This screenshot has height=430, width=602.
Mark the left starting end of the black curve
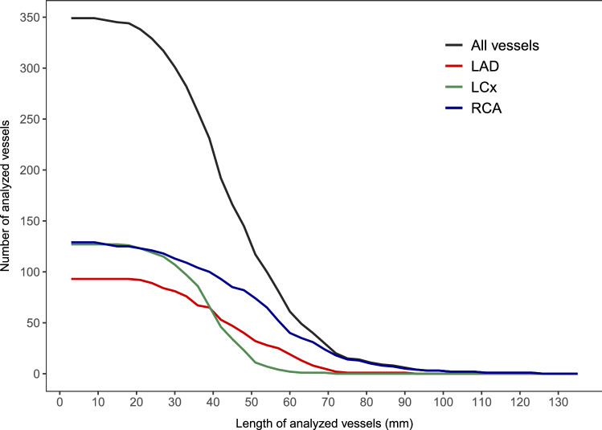(72, 18)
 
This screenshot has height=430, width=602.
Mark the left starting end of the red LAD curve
(72, 279)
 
